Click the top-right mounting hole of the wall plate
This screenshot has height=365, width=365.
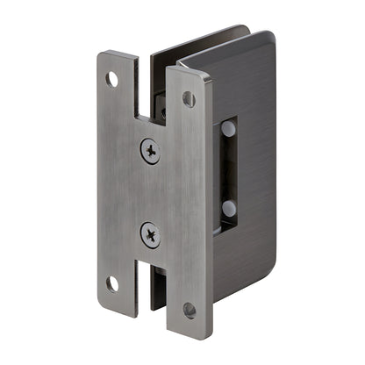tap(189, 99)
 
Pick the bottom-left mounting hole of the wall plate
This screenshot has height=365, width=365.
tap(112, 283)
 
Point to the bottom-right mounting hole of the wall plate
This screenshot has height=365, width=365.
tap(190, 310)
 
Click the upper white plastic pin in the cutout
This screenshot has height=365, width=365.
tap(229, 128)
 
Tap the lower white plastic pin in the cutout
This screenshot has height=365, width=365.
tap(229, 209)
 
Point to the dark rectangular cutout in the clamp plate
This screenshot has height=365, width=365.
tap(226, 168)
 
